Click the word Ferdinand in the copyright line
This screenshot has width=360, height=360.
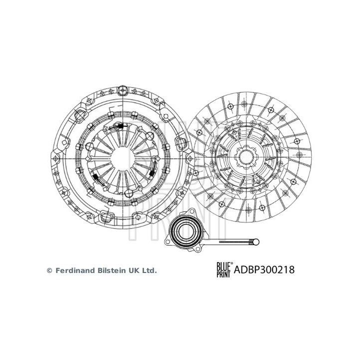click(74, 270)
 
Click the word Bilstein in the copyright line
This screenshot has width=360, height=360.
click(110, 270)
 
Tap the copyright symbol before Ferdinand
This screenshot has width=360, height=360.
click(49, 270)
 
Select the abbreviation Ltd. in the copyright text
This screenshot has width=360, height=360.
click(149, 270)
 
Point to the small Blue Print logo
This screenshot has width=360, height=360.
click(223, 270)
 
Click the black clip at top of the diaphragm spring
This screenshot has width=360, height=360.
click(120, 126)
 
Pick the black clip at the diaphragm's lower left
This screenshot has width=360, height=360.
click(94, 178)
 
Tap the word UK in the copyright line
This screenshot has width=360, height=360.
click(134, 270)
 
